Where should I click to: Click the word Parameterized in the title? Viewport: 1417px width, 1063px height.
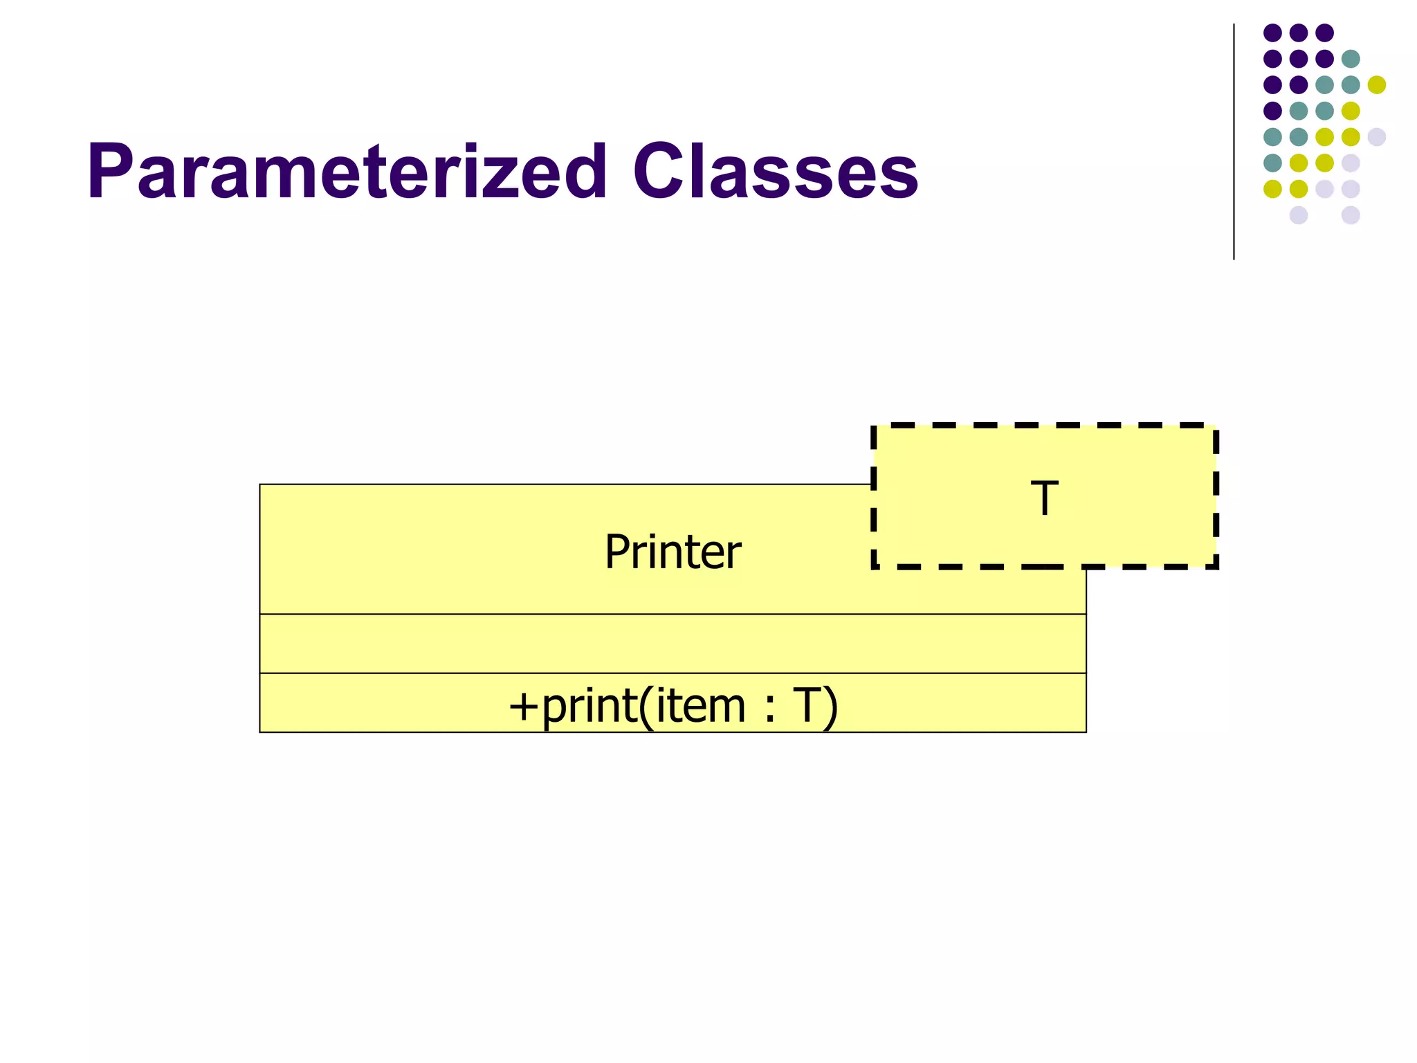point(346,172)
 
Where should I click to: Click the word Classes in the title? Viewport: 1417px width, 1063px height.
point(775,172)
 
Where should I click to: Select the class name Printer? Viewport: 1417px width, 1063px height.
point(673,552)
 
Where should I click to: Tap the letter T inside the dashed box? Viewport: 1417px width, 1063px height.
point(1044,498)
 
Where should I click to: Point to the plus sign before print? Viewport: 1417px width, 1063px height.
point(523,707)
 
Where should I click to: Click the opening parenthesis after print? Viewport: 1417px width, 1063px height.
point(646,707)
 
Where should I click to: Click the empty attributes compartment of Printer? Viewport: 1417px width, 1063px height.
point(673,643)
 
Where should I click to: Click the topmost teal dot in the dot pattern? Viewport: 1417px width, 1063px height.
point(1351,59)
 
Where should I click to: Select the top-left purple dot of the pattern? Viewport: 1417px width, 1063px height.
point(1272,33)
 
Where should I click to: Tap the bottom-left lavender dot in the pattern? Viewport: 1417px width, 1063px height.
point(1299,215)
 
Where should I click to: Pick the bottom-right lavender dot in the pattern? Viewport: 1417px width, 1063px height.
point(1351,215)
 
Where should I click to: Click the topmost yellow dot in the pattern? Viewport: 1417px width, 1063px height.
point(1377,84)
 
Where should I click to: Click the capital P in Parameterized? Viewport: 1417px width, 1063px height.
point(110,172)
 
